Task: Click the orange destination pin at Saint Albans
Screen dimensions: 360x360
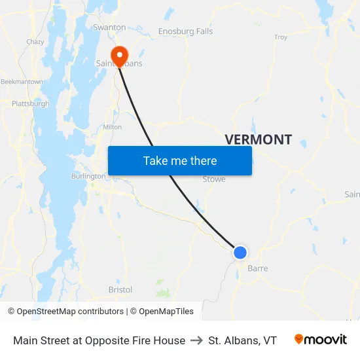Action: [120, 55]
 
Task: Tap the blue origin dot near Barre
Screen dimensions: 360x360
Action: [240, 252]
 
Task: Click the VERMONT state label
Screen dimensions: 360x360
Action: [258, 139]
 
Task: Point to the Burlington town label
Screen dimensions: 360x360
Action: [88, 176]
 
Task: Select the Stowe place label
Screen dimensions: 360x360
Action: [214, 179]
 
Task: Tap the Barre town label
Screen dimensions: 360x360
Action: [257, 268]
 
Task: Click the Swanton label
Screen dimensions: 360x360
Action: [109, 27]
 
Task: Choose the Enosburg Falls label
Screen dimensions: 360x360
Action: [185, 31]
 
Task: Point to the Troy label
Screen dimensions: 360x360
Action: [281, 37]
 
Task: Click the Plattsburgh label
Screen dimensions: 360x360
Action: [30, 103]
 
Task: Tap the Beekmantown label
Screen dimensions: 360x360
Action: [22, 82]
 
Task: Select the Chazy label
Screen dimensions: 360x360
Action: [35, 41]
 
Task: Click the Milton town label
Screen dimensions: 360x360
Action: [112, 127]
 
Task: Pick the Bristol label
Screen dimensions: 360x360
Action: [120, 289]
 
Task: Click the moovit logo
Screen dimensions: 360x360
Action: [320, 340]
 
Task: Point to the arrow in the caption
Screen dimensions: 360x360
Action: [196, 340]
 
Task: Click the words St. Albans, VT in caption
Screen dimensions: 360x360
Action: [242, 340]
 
